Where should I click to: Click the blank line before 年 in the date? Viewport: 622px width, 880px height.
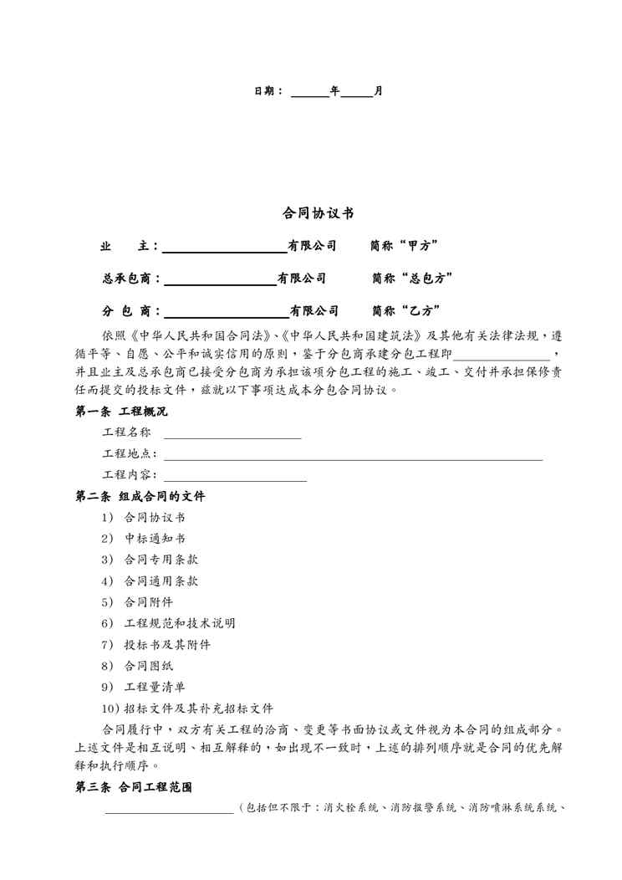click(x=309, y=94)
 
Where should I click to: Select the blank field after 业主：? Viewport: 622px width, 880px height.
click(x=224, y=249)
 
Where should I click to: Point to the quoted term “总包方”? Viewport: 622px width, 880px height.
click(x=424, y=278)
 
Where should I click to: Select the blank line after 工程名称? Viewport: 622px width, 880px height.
click(x=232, y=436)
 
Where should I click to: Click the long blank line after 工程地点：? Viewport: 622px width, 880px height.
click(x=353, y=458)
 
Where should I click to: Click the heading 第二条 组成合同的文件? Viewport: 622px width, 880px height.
click(x=140, y=496)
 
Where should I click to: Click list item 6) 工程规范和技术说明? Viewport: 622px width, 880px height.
click(x=168, y=623)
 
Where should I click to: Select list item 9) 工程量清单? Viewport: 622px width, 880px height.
click(x=143, y=687)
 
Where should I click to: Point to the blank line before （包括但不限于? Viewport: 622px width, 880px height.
click(x=170, y=810)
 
